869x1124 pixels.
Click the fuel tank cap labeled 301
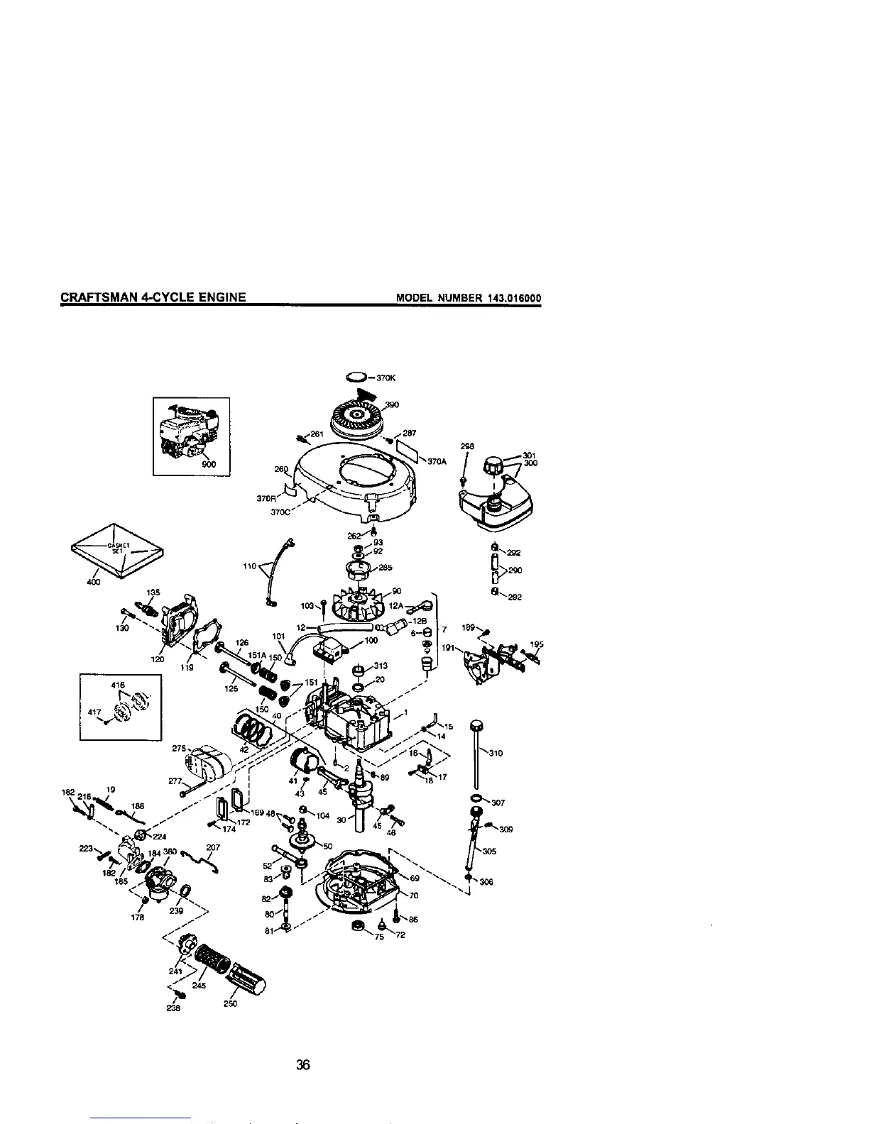[x=493, y=467]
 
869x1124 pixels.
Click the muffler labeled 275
[x=209, y=763]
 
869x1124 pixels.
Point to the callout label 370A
[x=437, y=461]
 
